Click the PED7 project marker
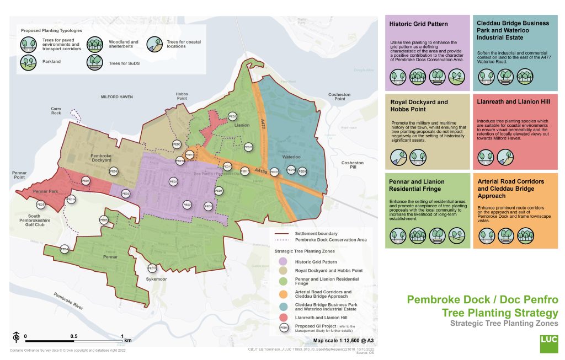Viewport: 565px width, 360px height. [86, 181]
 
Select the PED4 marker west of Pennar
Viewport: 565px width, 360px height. [64, 249]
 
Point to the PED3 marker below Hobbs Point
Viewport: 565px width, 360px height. [177, 145]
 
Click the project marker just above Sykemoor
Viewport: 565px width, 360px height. [153, 268]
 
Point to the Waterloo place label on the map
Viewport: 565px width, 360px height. [291, 157]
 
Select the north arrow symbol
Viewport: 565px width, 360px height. [16, 337]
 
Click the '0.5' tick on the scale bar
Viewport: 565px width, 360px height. [73, 336]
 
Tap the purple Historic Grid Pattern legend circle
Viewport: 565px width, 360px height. [283, 261]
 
